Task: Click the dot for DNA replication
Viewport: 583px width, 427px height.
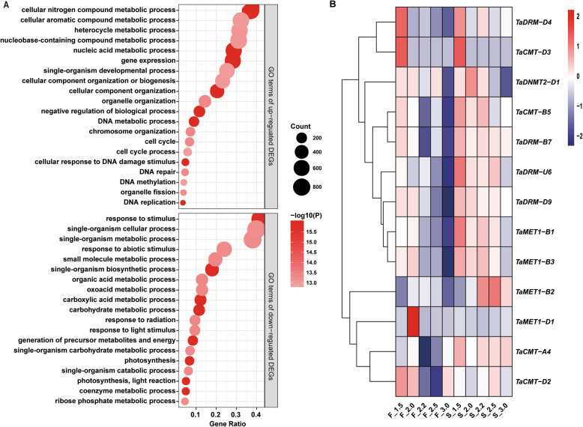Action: pyautogui.click(x=183, y=202)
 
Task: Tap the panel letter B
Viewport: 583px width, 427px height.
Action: pyautogui.click(x=335, y=5)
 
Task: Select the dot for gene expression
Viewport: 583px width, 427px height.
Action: pyautogui.click(x=233, y=59)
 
